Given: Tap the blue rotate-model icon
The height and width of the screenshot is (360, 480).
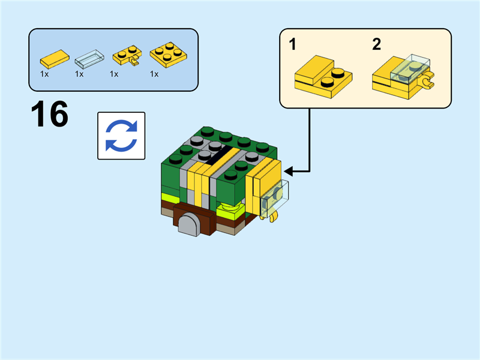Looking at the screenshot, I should [x=121, y=136].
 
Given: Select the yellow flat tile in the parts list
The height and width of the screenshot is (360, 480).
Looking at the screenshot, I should [x=54, y=59].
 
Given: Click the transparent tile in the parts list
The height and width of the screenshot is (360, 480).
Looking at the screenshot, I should [x=89, y=59].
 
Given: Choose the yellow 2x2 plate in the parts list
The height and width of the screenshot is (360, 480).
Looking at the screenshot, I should [x=166, y=56].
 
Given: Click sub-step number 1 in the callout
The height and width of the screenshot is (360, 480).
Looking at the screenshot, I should [x=292, y=44].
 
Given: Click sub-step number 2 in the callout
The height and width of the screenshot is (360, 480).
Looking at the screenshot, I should [x=376, y=44].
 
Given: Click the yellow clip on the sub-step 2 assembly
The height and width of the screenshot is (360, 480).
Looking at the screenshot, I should [x=428, y=82].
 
